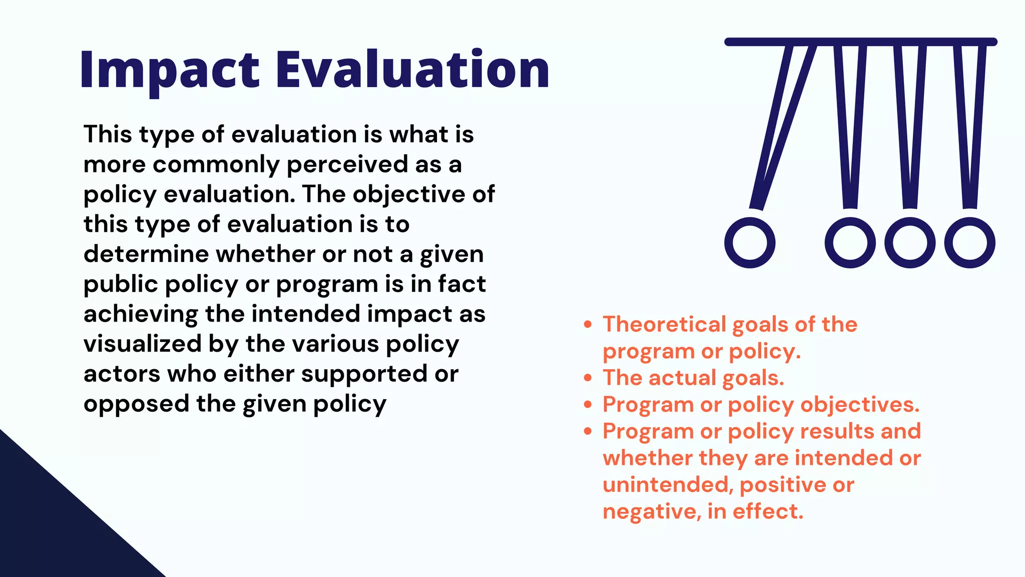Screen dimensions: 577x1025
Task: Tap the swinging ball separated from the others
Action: point(749,243)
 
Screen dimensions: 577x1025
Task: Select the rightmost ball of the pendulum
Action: point(969,243)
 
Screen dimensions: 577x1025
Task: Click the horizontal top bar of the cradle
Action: point(861,42)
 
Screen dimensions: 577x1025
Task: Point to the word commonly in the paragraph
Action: point(216,165)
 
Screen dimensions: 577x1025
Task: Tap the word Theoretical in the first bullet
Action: point(664,325)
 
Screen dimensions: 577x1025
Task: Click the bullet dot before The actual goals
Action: point(588,378)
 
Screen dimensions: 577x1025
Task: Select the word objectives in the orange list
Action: point(859,405)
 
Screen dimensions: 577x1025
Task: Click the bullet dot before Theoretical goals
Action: point(588,325)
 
